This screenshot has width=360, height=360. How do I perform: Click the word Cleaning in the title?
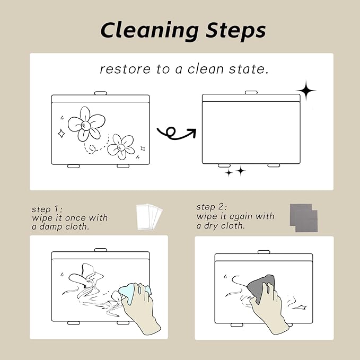[x=150, y=31]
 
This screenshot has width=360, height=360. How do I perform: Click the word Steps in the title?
[x=236, y=30]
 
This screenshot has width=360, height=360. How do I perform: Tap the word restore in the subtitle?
[x=125, y=69]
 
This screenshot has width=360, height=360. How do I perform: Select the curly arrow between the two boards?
[x=177, y=134]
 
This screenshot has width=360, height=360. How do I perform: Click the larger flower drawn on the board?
[x=86, y=124]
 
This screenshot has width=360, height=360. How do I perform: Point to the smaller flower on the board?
[x=121, y=147]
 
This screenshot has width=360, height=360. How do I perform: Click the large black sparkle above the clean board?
[x=306, y=91]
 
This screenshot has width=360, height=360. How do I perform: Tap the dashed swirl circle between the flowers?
[x=92, y=149]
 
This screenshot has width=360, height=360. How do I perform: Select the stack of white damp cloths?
[x=149, y=217]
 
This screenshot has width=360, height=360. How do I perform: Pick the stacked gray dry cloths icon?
[x=304, y=218]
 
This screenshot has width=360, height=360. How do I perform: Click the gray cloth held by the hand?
[x=260, y=287]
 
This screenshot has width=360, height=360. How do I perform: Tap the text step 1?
[x=47, y=209]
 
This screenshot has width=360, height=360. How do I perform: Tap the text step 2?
[x=212, y=207]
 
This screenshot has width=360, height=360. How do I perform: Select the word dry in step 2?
[x=211, y=226]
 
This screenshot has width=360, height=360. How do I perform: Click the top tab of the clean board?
[x=251, y=92]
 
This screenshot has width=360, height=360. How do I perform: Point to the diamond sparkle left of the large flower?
[x=61, y=134]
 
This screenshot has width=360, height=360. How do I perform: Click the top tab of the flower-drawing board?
[x=101, y=93]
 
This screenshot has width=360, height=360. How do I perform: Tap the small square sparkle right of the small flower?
[x=143, y=149]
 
